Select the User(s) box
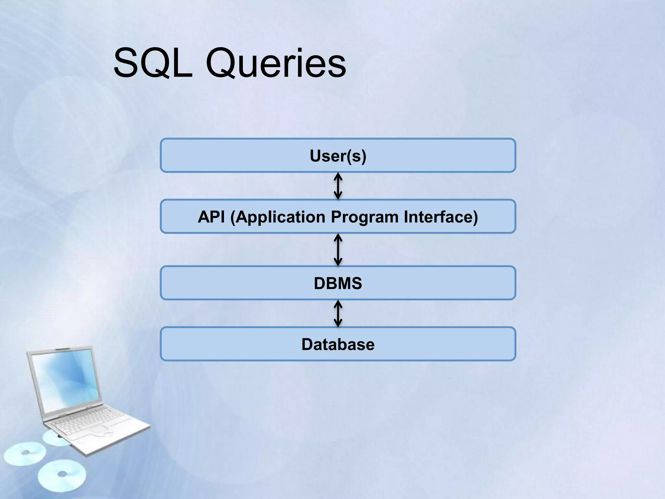tap(338, 156)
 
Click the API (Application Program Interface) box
tap(338, 217)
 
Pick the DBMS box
tap(338, 283)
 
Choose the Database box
tap(338, 344)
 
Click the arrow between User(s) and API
tap(338, 186)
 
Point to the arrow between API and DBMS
tap(338, 250)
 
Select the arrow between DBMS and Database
tap(338, 313)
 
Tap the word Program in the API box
tap(364, 217)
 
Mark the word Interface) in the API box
tap(441, 217)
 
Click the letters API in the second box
tap(211, 217)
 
